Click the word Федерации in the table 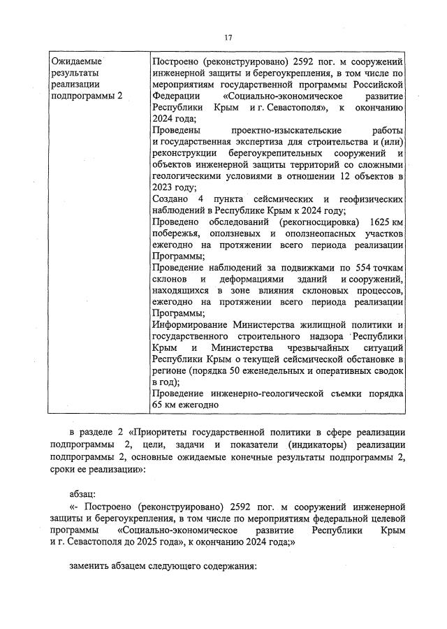(x=174, y=96)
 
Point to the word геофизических (x=367, y=199)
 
